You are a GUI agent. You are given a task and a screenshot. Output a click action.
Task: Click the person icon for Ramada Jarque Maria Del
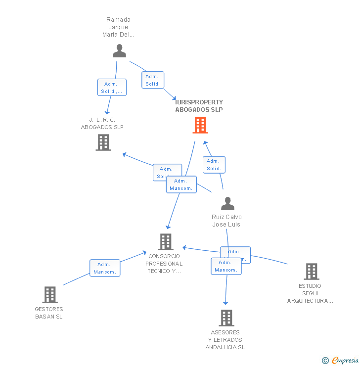119,50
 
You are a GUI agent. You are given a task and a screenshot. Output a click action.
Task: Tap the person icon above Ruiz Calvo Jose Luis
227,203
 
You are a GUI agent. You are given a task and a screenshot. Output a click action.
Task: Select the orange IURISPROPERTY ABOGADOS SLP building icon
200,125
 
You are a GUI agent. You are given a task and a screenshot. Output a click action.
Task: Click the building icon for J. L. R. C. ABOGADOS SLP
103,142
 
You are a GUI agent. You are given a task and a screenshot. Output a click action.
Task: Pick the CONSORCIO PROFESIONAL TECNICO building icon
165,242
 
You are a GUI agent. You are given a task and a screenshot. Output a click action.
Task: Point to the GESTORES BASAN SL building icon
49,295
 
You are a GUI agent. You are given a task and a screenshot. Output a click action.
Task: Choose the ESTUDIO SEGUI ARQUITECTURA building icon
311,271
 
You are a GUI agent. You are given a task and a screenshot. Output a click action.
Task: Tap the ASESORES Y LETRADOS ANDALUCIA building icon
226,318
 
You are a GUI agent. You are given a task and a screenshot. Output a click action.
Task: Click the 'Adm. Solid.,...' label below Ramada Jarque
112,88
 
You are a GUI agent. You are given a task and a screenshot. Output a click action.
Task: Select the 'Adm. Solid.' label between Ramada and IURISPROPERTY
153,80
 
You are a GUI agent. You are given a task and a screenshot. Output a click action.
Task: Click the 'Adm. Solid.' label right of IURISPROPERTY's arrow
214,165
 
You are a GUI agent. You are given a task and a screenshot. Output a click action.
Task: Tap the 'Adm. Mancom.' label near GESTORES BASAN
105,268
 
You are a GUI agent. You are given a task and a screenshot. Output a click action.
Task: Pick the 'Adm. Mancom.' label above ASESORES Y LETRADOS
226,266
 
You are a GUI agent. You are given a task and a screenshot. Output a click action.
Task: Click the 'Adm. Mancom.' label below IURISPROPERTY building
181,184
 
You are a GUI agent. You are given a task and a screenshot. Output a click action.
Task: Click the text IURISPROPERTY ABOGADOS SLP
199,106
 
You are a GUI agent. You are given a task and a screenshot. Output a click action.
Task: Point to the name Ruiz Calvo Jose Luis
226,221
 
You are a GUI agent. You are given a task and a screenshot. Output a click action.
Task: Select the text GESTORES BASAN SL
49,313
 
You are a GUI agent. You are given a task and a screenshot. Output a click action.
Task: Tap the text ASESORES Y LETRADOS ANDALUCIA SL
225,340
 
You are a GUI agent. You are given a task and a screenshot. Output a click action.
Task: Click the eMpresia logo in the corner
345,360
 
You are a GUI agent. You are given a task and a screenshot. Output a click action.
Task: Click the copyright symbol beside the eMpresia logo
325,361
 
